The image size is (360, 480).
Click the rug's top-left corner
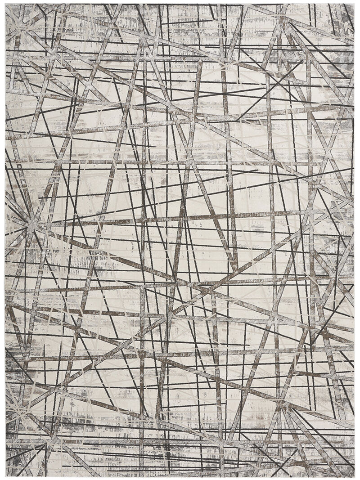[5, 4]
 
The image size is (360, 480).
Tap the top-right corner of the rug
[354, 4]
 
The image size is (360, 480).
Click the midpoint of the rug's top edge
[180, 4]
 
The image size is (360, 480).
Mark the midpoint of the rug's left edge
[5, 240]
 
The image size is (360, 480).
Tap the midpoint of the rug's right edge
[354, 240]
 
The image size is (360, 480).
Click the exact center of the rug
[180, 240]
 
